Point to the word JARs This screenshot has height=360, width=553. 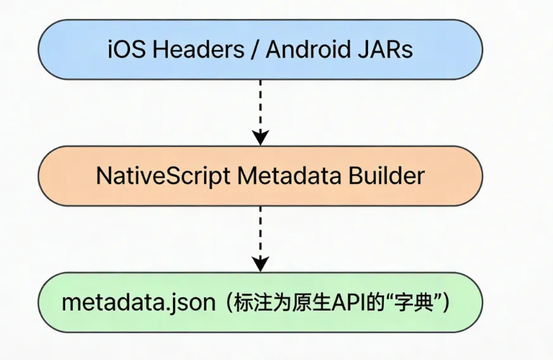point(385,50)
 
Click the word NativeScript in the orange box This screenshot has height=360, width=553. point(163,176)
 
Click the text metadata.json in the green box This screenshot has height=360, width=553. point(139,302)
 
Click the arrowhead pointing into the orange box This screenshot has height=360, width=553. point(260,138)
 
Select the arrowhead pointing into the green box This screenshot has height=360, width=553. point(260,264)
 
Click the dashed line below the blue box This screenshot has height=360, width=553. point(260,105)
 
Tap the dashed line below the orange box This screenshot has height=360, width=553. point(260,231)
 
